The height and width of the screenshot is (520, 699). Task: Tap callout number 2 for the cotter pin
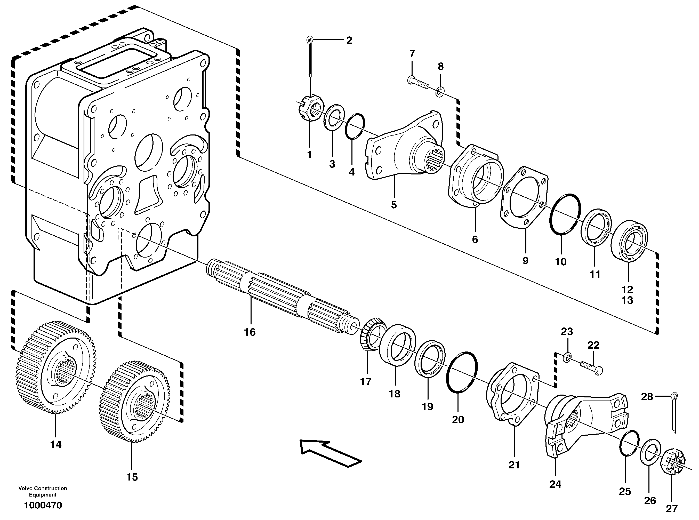[x=349, y=41]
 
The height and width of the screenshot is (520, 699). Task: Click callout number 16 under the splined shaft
[x=250, y=332]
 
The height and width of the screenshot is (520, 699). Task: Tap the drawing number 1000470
[x=43, y=506]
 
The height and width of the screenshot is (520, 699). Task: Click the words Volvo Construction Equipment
[x=43, y=491]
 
